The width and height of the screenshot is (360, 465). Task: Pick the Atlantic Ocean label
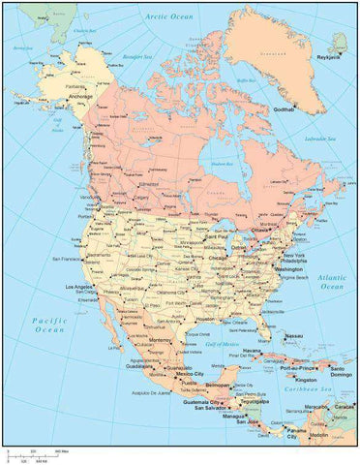[x=332, y=281]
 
